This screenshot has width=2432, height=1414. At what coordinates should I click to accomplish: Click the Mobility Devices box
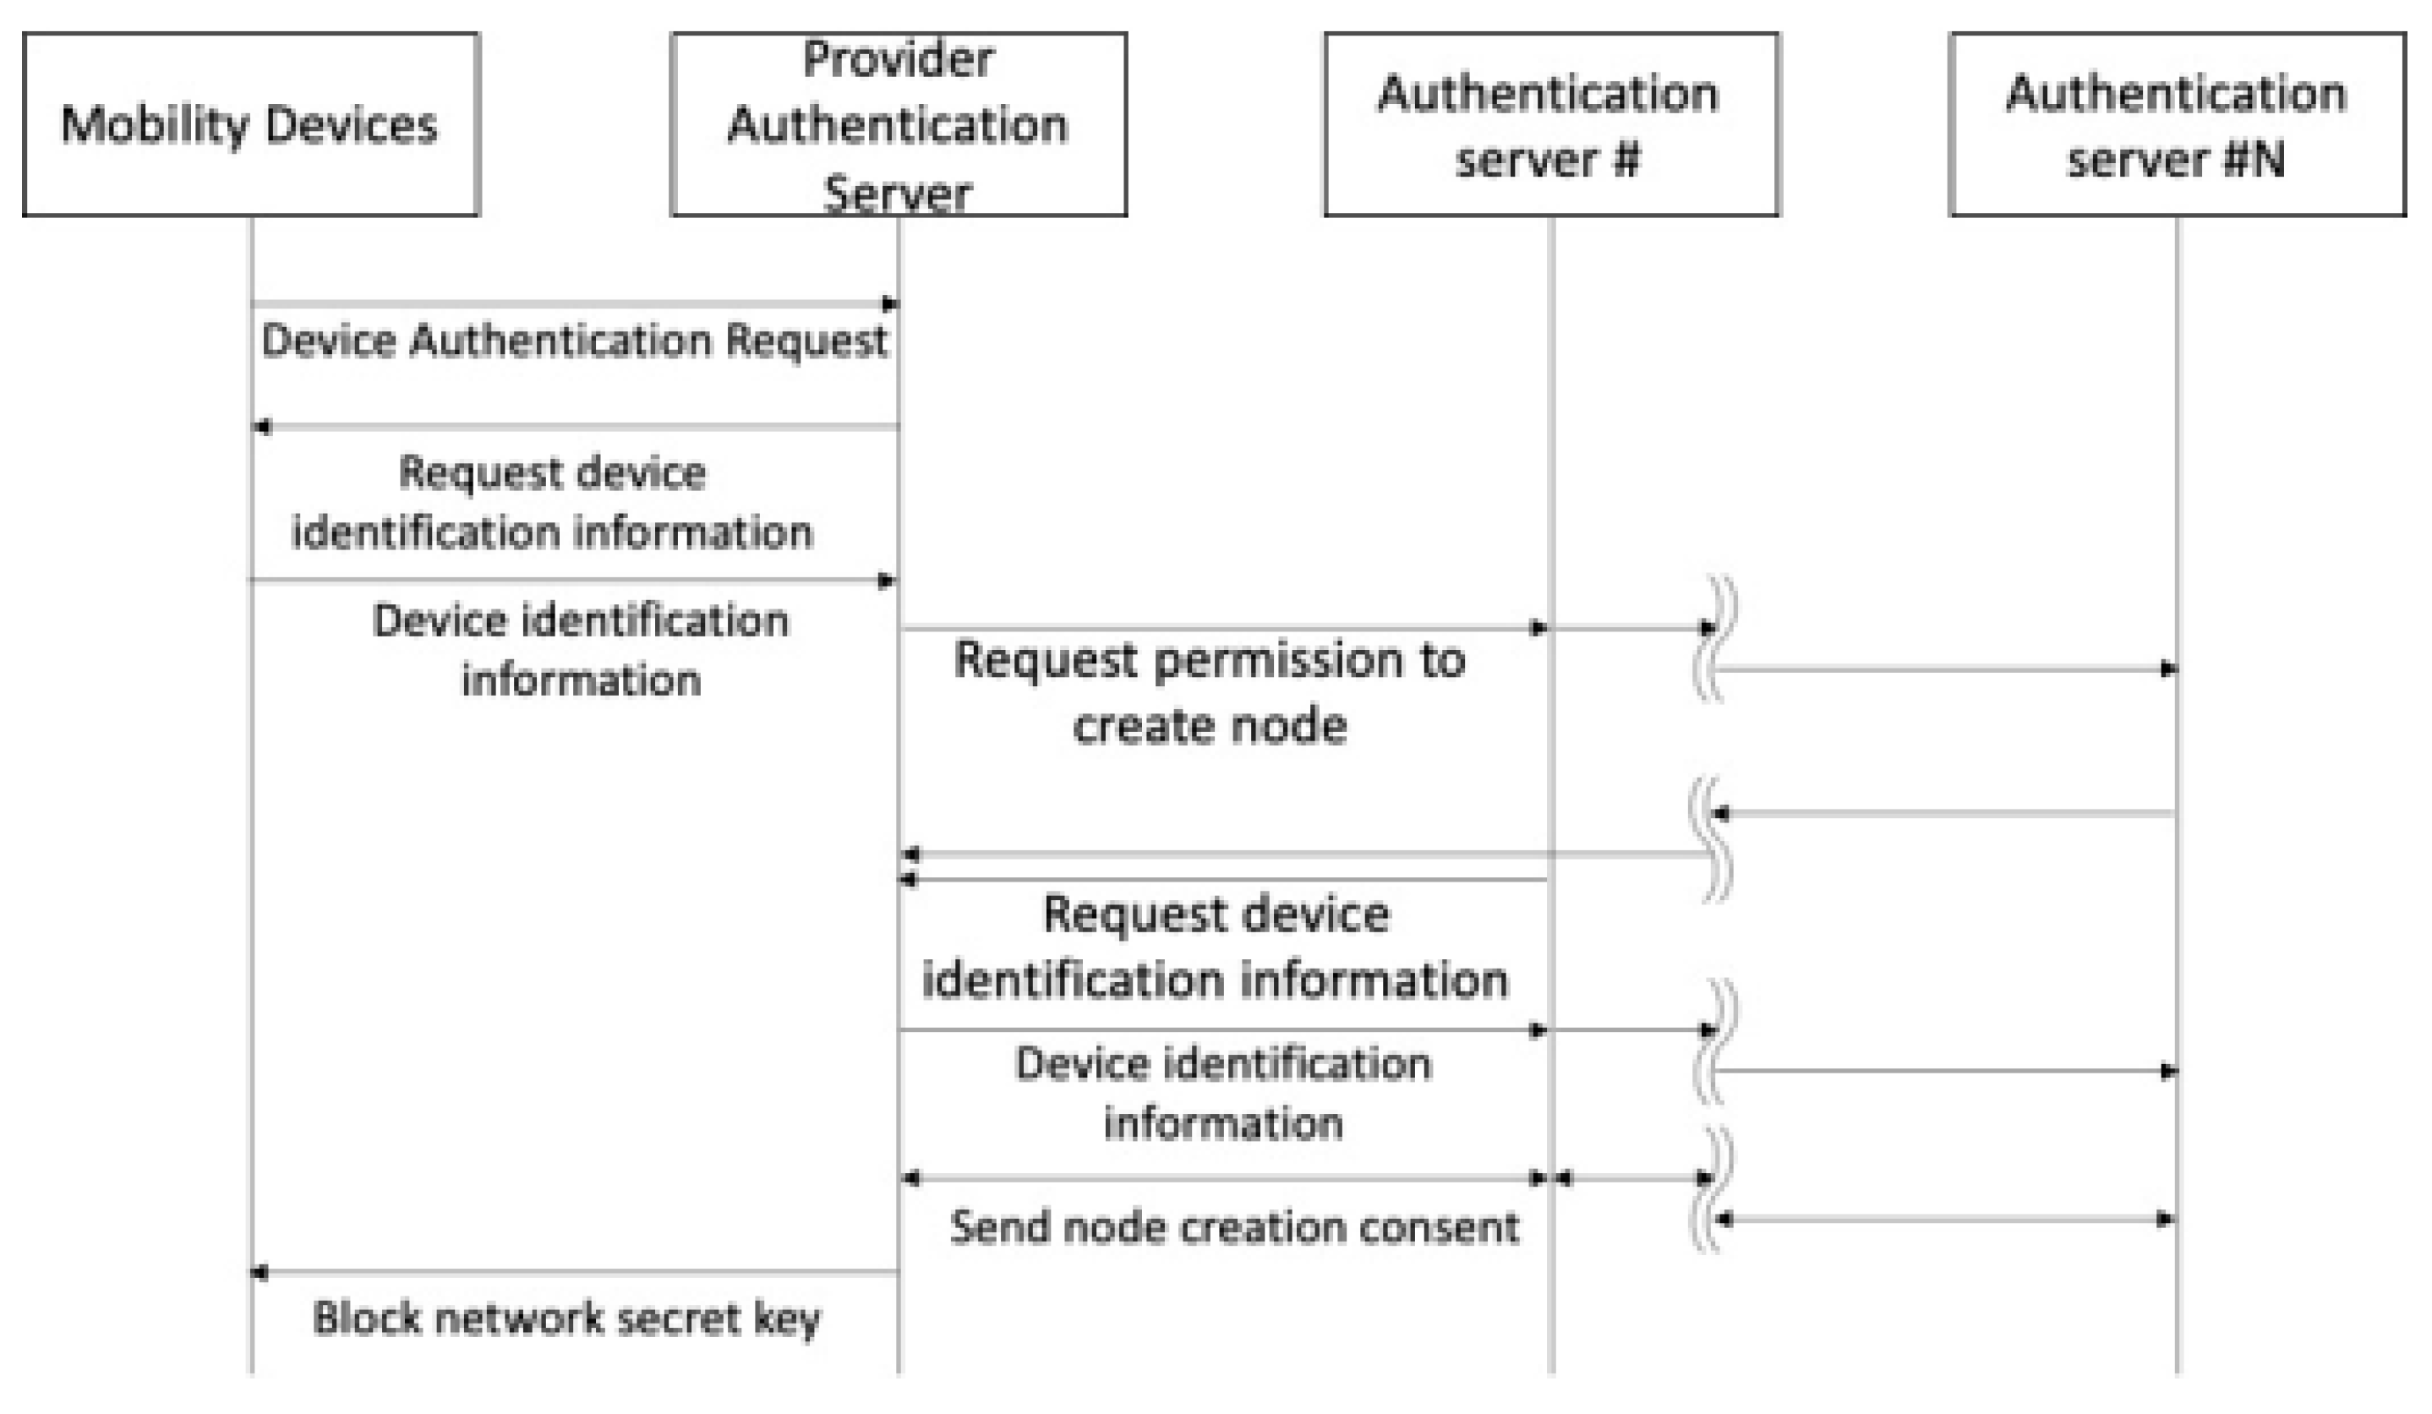pyautogui.click(x=250, y=123)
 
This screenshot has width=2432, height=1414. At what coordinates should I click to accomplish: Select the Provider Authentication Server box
pyautogui.click(x=898, y=123)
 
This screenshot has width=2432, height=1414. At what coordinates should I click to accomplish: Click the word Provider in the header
pyautogui.click(x=898, y=60)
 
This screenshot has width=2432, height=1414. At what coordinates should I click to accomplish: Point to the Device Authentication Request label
pyautogui.click(x=573, y=341)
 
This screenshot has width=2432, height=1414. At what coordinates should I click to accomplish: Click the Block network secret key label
pyautogui.click(x=566, y=1318)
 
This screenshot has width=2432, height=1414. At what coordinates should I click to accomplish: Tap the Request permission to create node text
pyautogui.click(x=1210, y=692)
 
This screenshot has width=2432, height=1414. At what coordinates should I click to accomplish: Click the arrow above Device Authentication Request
pyautogui.click(x=573, y=304)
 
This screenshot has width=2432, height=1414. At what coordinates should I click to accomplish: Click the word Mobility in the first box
pyautogui.click(x=155, y=125)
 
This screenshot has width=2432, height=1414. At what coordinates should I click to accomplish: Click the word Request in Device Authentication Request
pyautogui.click(x=806, y=341)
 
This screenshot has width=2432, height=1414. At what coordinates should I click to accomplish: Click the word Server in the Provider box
pyautogui.click(x=898, y=193)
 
